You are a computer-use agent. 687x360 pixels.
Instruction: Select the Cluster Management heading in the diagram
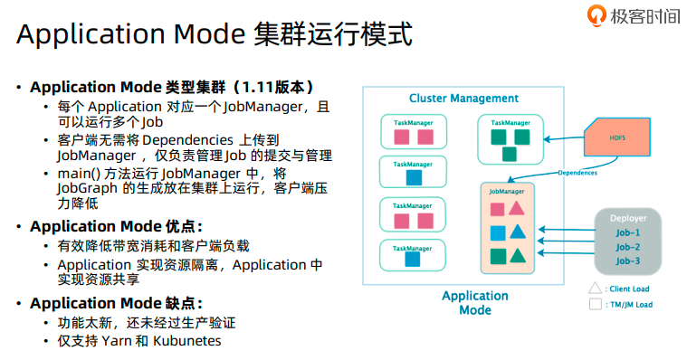click(x=463, y=98)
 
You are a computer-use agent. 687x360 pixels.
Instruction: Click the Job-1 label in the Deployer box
click(x=627, y=232)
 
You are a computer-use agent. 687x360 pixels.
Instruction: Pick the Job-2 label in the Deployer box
click(x=627, y=246)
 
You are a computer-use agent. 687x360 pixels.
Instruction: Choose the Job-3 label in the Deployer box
click(x=627, y=261)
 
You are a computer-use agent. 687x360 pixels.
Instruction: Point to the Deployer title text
click(x=627, y=217)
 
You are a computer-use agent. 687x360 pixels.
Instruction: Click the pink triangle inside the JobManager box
click(x=517, y=209)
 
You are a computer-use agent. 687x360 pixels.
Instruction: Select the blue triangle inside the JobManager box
click(x=517, y=232)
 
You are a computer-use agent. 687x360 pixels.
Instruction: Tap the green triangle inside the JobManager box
click(x=517, y=256)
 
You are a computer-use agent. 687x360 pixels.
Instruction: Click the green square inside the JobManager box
click(x=497, y=256)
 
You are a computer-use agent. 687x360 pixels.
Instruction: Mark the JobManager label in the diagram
click(x=506, y=192)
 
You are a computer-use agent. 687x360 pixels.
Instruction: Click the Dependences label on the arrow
click(x=577, y=172)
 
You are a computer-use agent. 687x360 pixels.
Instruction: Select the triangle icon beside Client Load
click(x=594, y=289)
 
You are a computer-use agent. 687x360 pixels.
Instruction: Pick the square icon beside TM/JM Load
click(x=594, y=305)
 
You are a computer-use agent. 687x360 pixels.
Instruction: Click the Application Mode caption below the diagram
click(x=474, y=302)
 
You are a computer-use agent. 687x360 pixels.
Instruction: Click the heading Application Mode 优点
click(x=116, y=226)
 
